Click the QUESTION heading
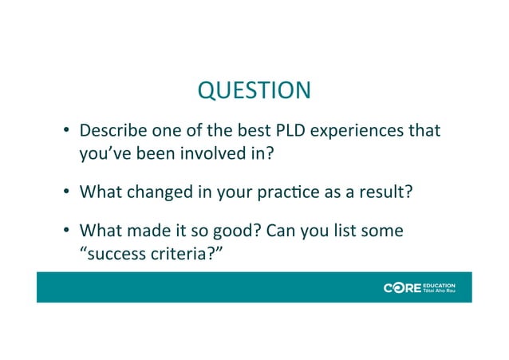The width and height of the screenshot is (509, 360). pyautogui.click(x=254, y=91)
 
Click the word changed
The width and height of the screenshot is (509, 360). pyautogui.click(x=162, y=192)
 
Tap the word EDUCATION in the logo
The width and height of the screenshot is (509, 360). pyautogui.click(x=440, y=283)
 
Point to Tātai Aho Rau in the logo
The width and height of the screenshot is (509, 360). pyautogui.click(x=439, y=291)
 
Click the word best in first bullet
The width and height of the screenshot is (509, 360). pyautogui.click(x=243, y=130)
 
